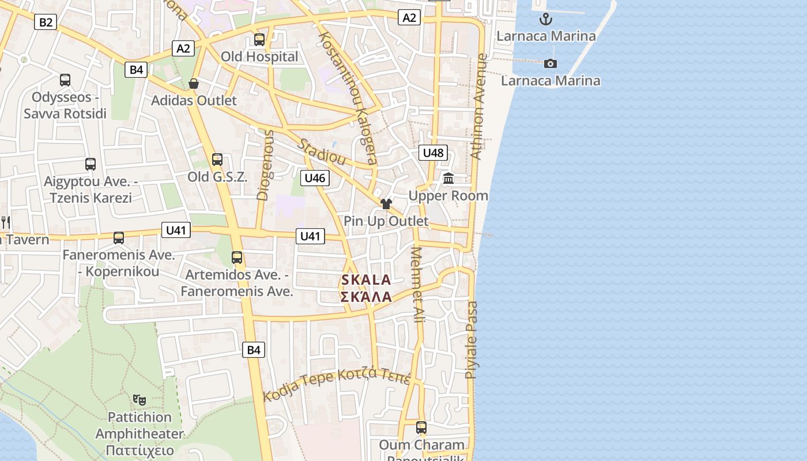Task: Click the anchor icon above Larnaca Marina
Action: (545, 20)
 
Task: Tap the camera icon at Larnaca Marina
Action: (550, 63)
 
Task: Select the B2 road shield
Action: (46, 22)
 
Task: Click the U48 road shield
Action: (433, 153)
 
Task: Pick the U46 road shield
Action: (315, 178)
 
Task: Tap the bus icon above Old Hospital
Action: (259, 40)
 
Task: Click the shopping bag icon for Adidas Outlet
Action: (194, 84)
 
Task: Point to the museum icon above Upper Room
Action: (448, 179)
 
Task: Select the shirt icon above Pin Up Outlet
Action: (386, 204)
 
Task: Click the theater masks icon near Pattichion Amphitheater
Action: (139, 399)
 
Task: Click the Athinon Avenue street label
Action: (480, 107)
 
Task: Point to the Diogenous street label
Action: (266, 164)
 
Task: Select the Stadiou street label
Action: (321, 152)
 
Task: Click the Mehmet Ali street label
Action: (418, 284)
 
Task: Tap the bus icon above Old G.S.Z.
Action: (217, 160)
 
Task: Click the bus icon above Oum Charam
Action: (421, 428)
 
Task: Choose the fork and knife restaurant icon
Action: (6, 222)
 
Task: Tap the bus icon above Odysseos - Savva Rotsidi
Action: (65, 80)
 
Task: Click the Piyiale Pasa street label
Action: (472, 340)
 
